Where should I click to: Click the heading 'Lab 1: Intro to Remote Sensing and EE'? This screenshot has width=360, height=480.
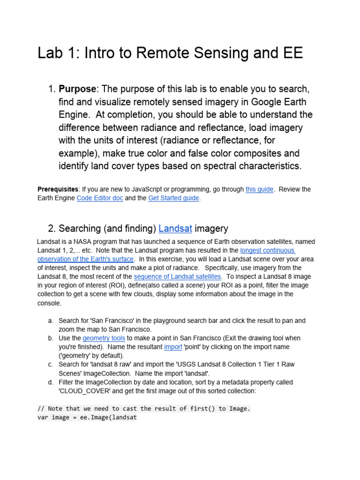tap(170, 53)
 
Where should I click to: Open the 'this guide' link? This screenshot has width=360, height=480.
tap(259, 189)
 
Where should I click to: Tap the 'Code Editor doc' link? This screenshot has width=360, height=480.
tap(100, 198)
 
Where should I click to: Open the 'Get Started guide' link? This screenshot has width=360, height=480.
tap(173, 198)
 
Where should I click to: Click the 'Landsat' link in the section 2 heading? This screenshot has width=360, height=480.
tap(175, 229)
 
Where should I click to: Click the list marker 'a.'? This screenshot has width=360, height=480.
tap(50, 321)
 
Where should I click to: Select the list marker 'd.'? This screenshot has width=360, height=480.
tap(50, 382)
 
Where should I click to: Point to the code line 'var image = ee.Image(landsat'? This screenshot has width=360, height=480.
tap(87, 417)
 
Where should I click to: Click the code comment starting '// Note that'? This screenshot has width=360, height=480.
tap(144, 409)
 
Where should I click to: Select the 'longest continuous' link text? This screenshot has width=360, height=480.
tap(268, 250)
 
